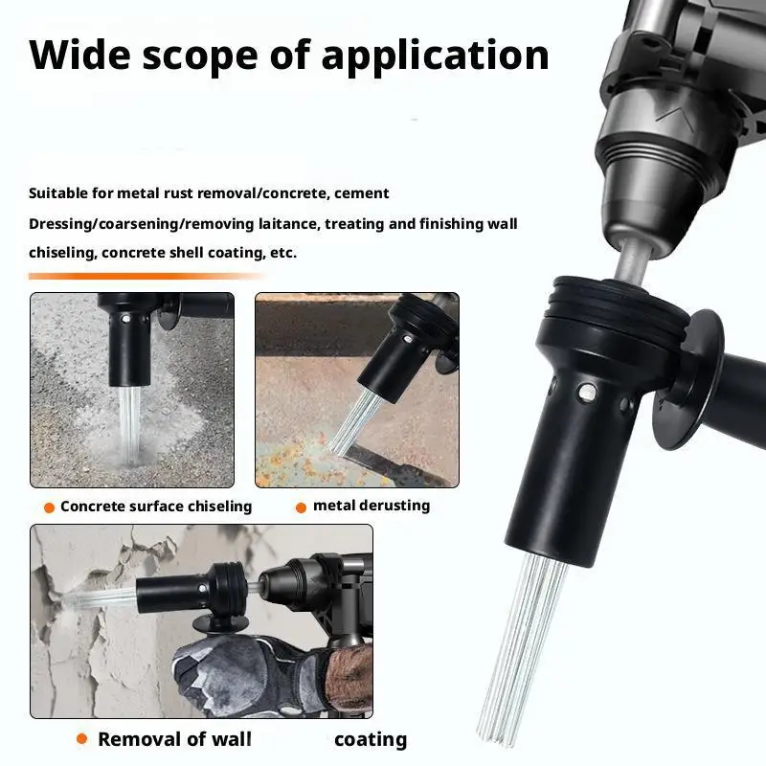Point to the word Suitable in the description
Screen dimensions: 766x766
(58, 193)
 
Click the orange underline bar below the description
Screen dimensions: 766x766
(144, 276)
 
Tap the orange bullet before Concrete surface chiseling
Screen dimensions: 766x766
(48, 507)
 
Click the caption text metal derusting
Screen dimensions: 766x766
(372, 506)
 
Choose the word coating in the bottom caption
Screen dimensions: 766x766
(370, 739)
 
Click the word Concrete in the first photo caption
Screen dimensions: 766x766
(93, 507)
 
